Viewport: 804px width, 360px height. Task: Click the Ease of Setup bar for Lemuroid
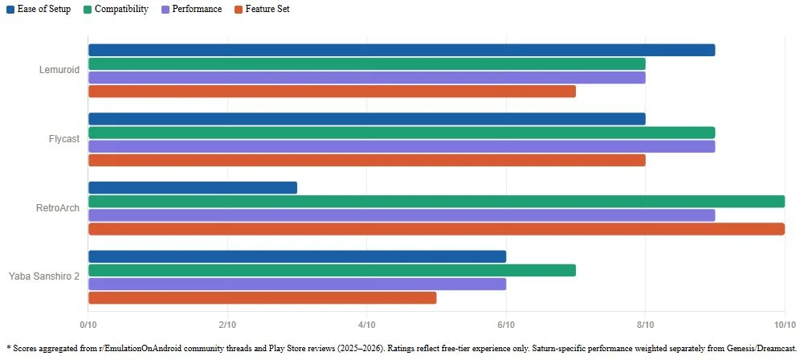pyautogui.click(x=402, y=51)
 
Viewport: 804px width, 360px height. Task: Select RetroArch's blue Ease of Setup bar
pyautogui.click(x=193, y=188)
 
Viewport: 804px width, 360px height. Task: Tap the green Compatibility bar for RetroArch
pyautogui.click(x=436, y=202)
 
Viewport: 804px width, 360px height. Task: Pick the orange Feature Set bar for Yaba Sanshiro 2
pyautogui.click(x=263, y=298)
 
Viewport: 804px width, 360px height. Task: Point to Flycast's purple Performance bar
pyautogui.click(x=402, y=147)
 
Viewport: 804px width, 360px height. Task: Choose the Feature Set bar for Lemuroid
pyautogui.click(x=333, y=92)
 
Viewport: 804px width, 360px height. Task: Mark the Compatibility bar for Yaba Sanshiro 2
pyautogui.click(x=333, y=270)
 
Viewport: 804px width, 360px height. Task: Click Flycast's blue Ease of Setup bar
pyautogui.click(x=366, y=119)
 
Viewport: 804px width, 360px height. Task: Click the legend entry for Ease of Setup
pyautogui.click(x=39, y=9)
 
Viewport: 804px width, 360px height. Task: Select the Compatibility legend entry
pyautogui.click(x=116, y=9)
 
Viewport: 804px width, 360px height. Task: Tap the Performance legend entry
pyautogui.click(x=191, y=9)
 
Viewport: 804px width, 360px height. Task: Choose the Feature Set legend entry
pyautogui.click(x=262, y=9)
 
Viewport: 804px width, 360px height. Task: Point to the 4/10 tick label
pyautogui.click(x=366, y=325)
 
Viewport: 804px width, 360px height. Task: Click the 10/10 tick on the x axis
pyautogui.click(x=785, y=325)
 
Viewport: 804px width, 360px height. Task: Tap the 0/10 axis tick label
pyautogui.click(x=88, y=325)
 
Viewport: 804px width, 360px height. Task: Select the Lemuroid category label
pyautogui.click(x=59, y=70)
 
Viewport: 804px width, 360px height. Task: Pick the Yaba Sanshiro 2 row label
pyautogui.click(x=44, y=276)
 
